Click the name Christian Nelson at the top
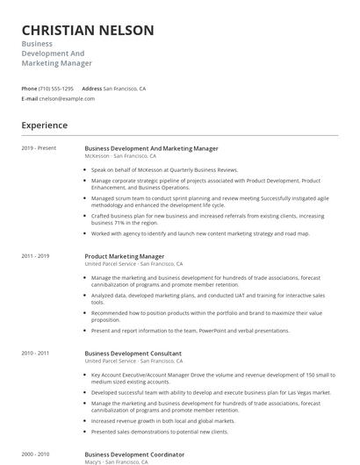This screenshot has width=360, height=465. point(88,31)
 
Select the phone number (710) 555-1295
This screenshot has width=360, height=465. point(57,89)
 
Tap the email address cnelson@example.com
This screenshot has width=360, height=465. point(67,98)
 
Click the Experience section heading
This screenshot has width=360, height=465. point(44,125)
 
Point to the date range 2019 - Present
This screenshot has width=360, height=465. point(39,148)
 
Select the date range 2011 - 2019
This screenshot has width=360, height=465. point(35,256)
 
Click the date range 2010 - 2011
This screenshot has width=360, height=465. point(35,354)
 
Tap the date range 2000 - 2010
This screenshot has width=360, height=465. point(35,454)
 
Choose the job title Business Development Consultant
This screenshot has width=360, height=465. point(133,354)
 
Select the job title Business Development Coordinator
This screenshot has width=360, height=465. point(134,454)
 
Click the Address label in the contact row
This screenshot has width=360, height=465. point(92,89)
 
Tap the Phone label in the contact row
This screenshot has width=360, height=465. point(29,89)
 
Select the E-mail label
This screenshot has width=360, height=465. point(30,98)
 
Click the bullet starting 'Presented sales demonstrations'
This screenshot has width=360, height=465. point(159,432)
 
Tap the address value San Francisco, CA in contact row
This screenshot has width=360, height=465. point(125,89)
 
